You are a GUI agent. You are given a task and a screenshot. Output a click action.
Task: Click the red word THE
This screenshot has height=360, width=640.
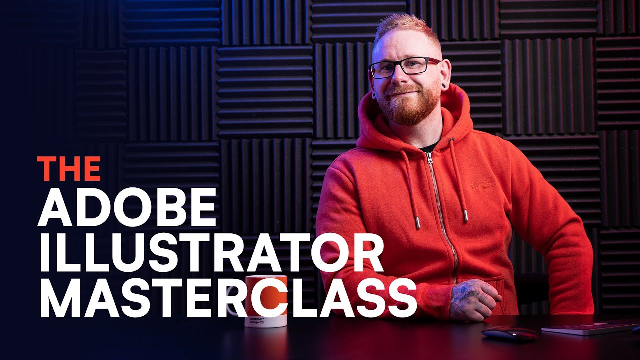click(69, 169)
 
